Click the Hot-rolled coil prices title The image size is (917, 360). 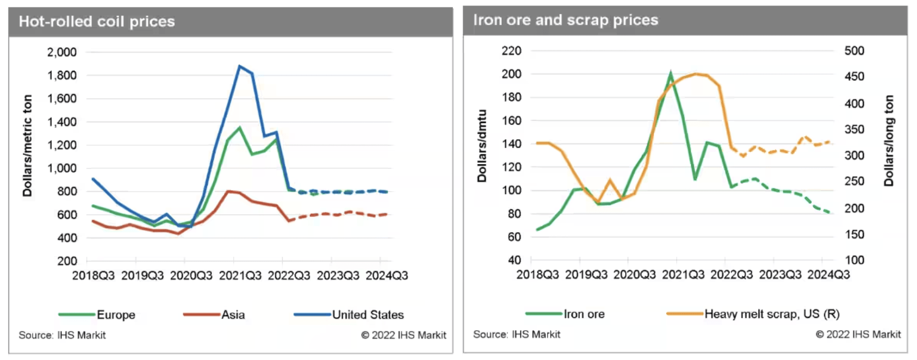click(x=97, y=22)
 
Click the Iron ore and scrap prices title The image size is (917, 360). click(x=565, y=20)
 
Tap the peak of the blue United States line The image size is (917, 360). click(x=239, y=66)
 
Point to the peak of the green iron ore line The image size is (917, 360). click(x=671, y=73)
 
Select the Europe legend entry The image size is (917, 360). click(x=116, y=315)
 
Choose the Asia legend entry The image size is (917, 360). click(x=233, y=315)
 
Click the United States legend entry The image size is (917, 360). click(x=368, y=315)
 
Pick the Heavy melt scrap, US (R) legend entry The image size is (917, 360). click(x=771, y=314)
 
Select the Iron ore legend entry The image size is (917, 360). click(x=584, y=314)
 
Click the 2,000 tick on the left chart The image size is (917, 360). click(x=62, y=52)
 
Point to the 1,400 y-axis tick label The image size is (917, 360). click(x=62, y=122)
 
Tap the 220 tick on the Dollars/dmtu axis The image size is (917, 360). click(x=511, y=50)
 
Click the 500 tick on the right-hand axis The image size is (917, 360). click(x=854, y=50)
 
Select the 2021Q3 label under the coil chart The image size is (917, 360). click(x=240, y=275)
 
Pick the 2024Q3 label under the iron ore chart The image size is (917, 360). click(x=828, y=274)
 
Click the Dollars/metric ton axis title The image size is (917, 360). click(x=27, y=146)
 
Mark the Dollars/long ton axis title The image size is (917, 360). click(x=888, y=141)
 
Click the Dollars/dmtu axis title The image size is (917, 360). click(x=482, y=146)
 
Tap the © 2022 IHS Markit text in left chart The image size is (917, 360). click(x=403, y=335)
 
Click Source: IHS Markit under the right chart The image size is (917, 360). click(x=517, y=335)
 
